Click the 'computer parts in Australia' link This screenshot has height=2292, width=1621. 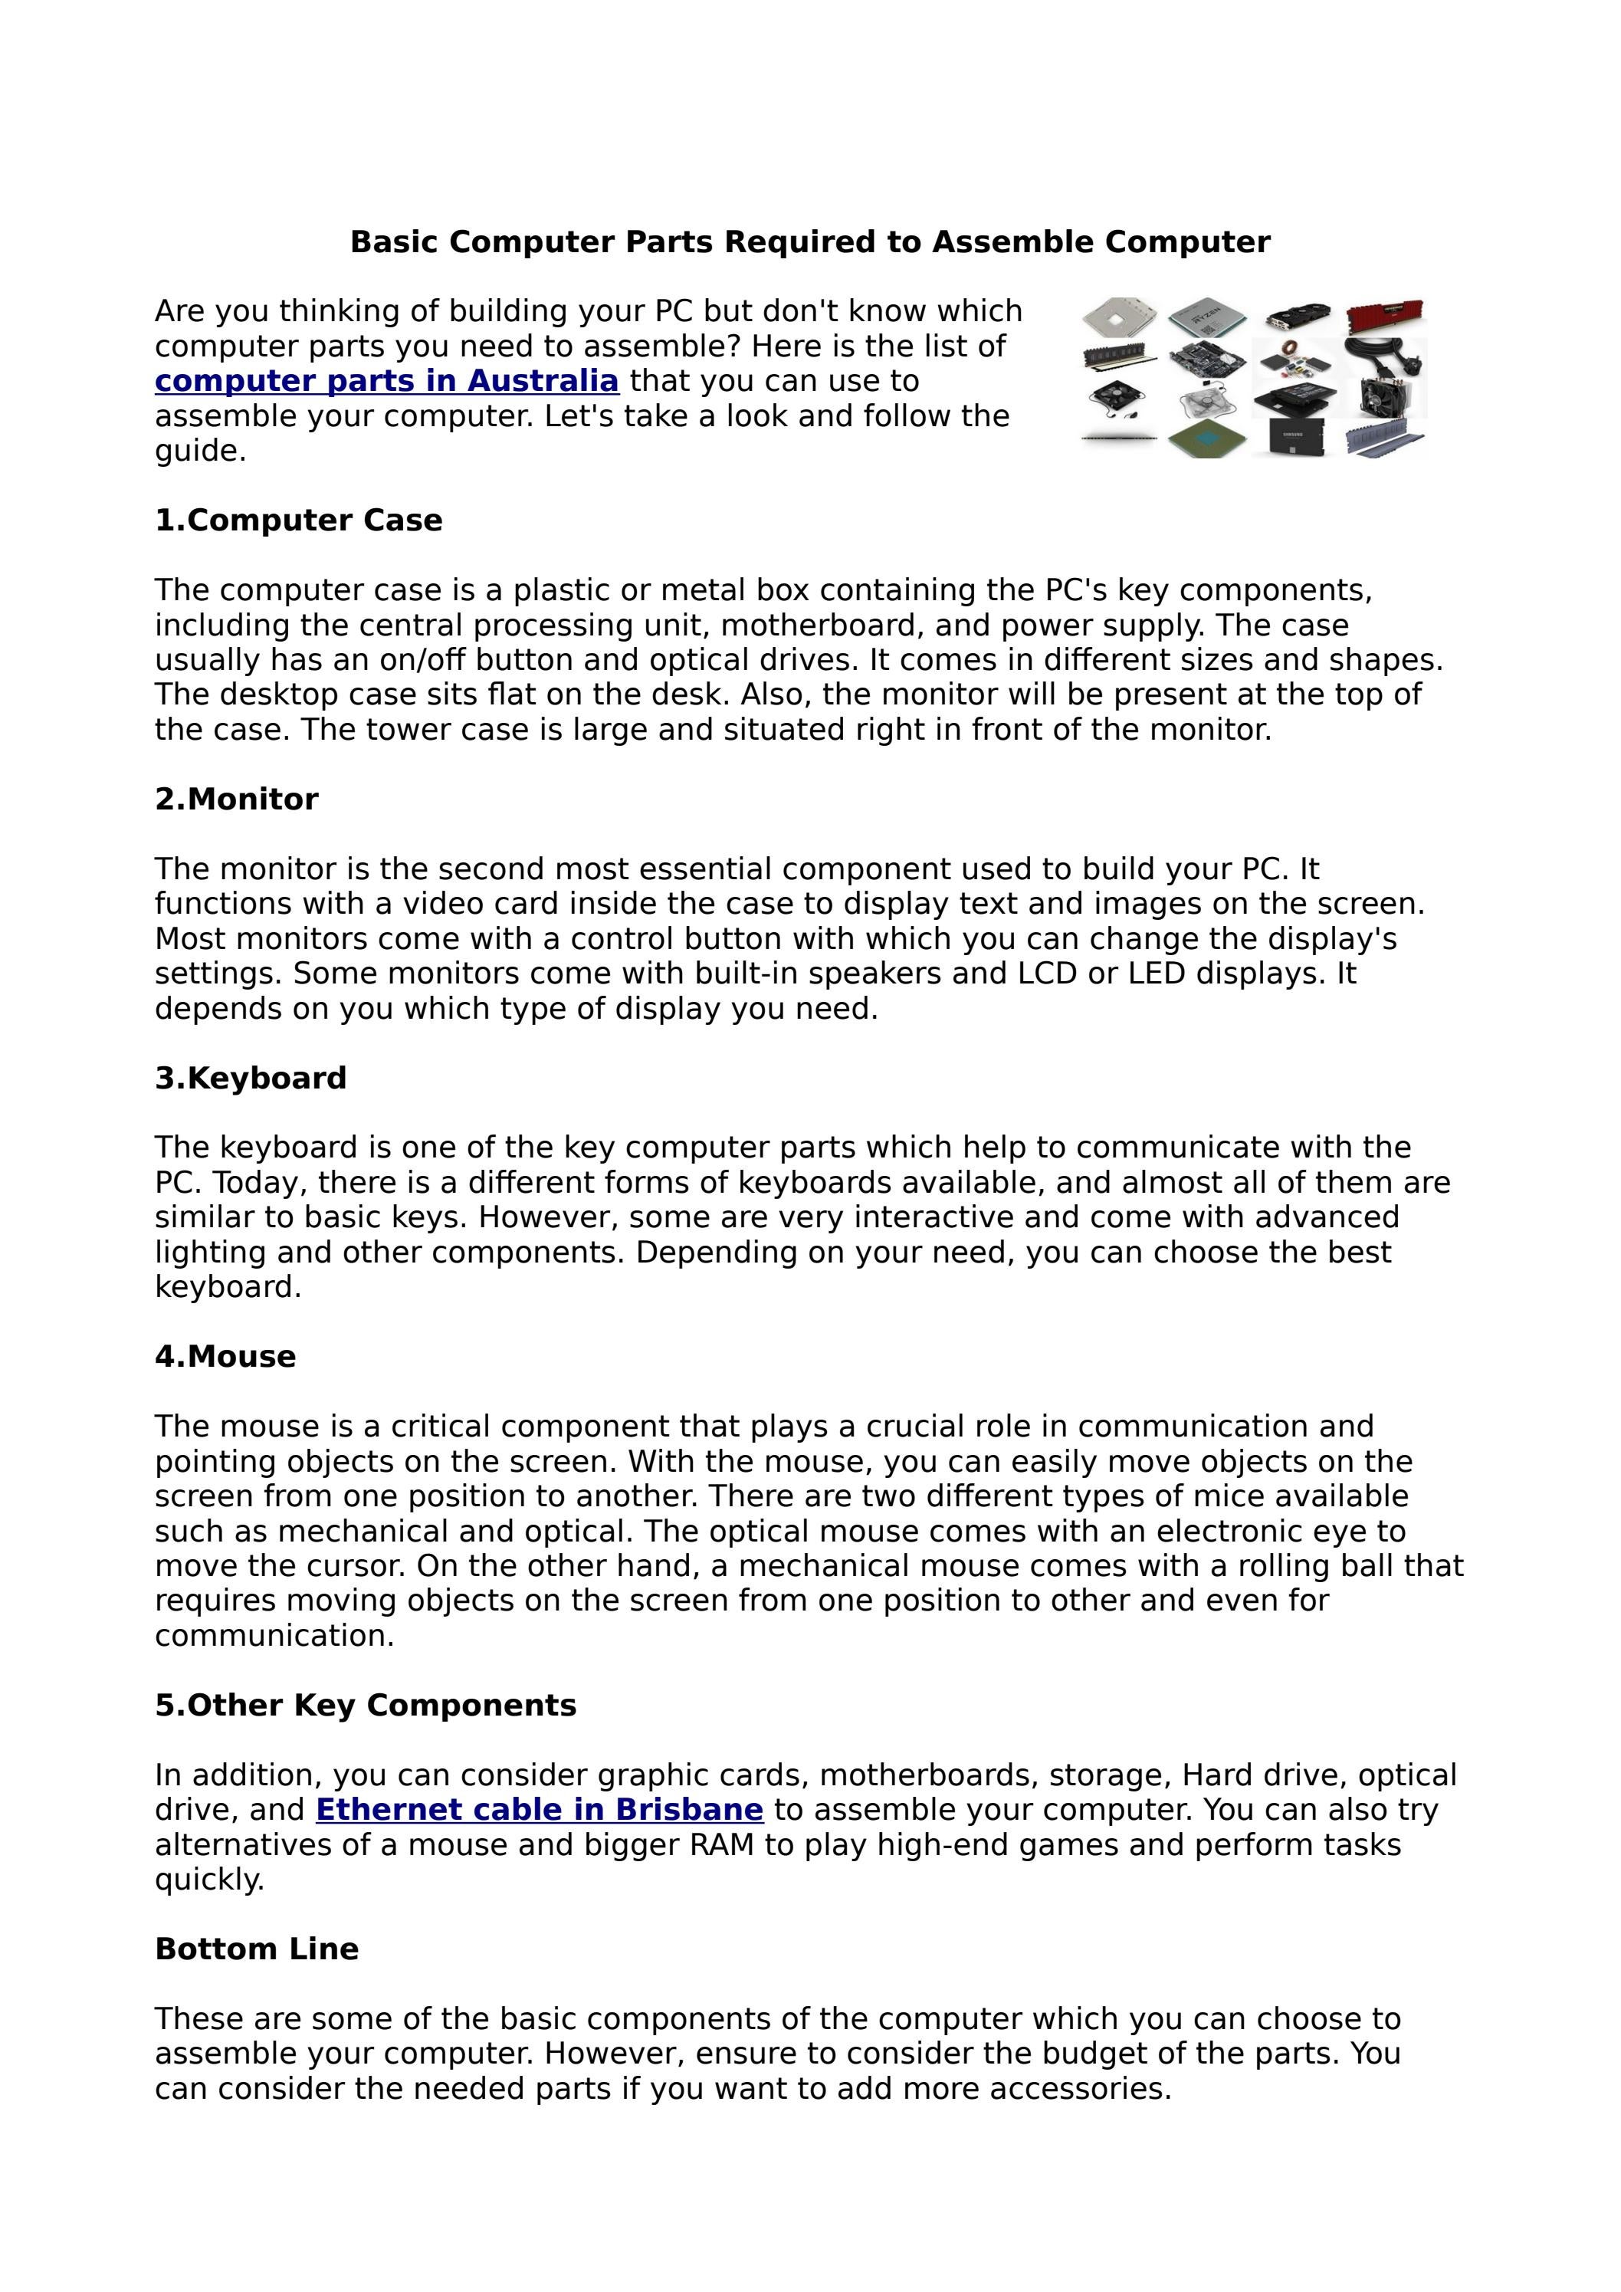(x=386, y=381)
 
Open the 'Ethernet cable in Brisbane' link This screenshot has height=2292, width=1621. (x=539, y=1810)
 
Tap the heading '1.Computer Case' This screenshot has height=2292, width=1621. (x=298, y=520)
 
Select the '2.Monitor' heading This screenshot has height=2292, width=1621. (x=237, y=800)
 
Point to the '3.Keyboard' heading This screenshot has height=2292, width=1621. (x=251, y=1078)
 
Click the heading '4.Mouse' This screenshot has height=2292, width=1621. (x=225, y=1357)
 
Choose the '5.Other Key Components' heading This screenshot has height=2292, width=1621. (x=366, y=1705)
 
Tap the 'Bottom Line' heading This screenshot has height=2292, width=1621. (x=257, y=1949)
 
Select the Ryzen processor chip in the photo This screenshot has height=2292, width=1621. (x=1207, y=317)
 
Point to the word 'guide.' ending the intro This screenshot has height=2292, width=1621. (x=201, y=452)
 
